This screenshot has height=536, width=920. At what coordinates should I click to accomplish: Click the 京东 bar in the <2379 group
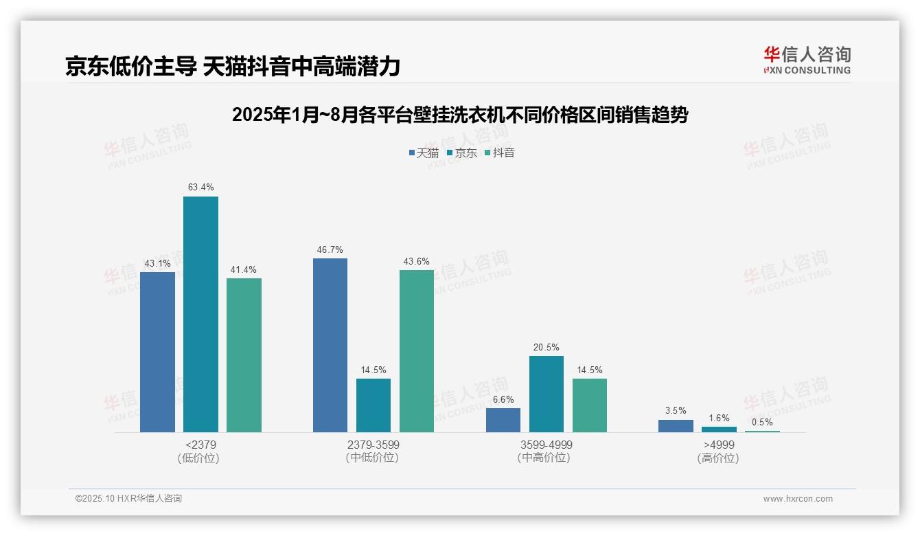(x=200, y=314)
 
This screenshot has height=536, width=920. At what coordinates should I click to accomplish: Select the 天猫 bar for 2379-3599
(x=330, y=345)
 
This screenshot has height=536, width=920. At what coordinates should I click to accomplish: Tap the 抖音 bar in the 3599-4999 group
(x=590, y=405)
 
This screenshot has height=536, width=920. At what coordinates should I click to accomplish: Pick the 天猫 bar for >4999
(x=676, y=426)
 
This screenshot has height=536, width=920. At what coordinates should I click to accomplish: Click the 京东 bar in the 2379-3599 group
(x=373, y=405)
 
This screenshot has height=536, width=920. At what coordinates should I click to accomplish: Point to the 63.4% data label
(x=200, y=187)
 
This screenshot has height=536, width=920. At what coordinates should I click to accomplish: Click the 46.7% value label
(x=330, y=249)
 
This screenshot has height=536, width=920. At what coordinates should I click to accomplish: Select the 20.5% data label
(x=547, y=347)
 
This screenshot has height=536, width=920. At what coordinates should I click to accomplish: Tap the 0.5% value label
(x=762, y=423)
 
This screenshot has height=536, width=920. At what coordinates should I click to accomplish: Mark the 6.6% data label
(x=503, y=399)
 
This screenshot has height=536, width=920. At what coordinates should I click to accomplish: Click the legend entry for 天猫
(x=424, y=153)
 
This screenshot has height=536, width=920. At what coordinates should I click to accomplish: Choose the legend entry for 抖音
(x=500, y=153)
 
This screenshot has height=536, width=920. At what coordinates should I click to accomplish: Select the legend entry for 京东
(x=461, y=153)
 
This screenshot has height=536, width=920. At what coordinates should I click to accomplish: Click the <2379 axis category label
(x=200, y=445)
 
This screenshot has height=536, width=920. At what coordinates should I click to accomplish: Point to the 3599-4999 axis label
(x=547, y=445)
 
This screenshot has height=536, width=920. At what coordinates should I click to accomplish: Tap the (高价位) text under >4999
(x=718, y=458)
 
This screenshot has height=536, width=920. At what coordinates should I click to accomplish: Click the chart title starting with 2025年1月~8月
(x=460, y=115)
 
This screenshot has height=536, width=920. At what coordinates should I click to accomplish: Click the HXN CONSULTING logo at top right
(x=807, y=60)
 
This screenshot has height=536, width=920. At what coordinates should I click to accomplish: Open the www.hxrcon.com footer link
(x=798, y=499)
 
